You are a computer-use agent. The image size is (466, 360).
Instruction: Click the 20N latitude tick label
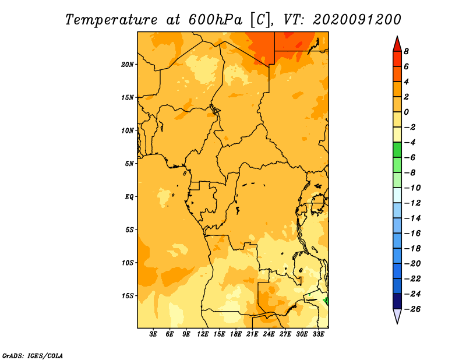[128, 65]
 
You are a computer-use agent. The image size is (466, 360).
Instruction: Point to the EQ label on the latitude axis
[129, 197]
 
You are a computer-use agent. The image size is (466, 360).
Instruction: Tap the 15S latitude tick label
[128, 296]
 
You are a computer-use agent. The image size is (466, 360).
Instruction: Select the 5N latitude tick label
[129, 164]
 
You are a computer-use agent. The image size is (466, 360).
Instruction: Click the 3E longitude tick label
[153, 334]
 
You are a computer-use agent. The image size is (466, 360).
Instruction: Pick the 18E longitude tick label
[236, 334]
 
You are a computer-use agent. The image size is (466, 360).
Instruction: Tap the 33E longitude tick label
[318, 334]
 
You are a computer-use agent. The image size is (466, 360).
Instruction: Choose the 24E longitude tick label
[269, 334]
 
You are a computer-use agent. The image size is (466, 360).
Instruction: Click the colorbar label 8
[406, 51]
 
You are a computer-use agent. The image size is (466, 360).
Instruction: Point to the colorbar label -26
[412, 309]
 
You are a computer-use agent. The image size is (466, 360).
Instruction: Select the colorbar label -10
[412, 188]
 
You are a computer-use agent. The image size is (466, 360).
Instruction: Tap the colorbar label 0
[406, 112]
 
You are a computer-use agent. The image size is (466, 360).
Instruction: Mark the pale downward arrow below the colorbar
[397, 316]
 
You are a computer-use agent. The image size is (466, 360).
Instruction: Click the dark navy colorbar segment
[397, 301]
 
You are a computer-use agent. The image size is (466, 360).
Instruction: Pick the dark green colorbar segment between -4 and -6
[397, 150]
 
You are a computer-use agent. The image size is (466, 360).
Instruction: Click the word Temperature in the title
[111, 20]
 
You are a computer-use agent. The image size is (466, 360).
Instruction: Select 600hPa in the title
[216, 20]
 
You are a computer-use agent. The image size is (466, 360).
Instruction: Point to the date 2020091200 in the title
[357, 20]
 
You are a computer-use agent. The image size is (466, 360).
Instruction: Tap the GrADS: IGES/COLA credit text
[33, 355]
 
